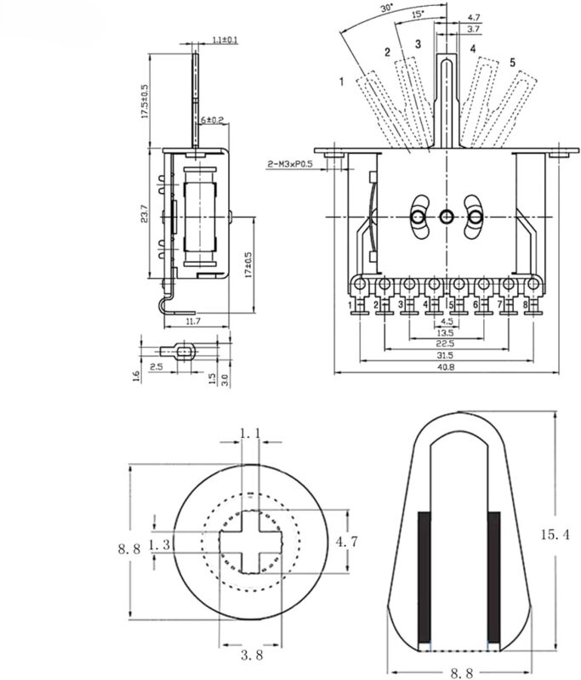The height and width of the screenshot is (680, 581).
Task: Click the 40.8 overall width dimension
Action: point(446,367)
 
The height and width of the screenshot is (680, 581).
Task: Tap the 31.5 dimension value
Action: point(446,355)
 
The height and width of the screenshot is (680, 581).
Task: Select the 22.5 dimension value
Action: point(446,344)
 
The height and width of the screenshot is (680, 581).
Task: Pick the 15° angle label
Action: point(417,14)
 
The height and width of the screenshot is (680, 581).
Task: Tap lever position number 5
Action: point(512,63)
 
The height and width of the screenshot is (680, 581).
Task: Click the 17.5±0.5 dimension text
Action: point(145,101)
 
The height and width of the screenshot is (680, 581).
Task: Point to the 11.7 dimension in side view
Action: point(192,322)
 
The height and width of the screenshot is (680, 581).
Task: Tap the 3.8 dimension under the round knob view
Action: point(250,654)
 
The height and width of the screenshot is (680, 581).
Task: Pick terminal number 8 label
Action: point(526,303)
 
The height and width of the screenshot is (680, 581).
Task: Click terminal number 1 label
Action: point(350,303)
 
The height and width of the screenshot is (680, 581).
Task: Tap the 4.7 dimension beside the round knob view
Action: point(363,541)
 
